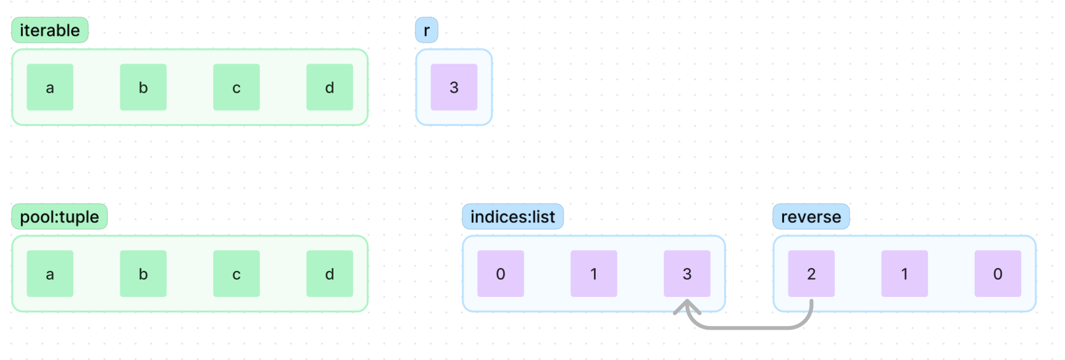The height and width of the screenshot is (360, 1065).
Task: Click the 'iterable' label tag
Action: pos(50,30)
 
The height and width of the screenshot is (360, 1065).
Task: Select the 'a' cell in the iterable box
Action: pos(50,87)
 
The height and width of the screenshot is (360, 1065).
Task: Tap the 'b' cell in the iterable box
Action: pos(143,87)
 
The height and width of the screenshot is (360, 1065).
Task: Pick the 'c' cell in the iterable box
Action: pos(236,87)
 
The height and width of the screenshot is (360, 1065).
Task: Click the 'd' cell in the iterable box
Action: pos(330,87)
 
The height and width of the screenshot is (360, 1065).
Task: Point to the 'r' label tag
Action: pos(427,30)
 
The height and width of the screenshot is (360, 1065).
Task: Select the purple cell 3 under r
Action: pos(454,87)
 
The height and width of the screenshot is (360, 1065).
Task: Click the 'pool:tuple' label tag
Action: pos(59,217)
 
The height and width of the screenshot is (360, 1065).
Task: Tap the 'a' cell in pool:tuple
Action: pos(50,274)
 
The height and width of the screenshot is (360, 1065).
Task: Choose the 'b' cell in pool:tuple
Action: pos(143,274)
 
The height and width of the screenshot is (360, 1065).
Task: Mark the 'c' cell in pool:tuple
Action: pos(236,274)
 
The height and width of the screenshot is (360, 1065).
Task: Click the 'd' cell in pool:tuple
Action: pos(330,274)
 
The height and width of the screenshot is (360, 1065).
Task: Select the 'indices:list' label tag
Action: pos(512,217)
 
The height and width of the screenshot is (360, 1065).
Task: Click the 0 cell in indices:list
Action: pos(501,274)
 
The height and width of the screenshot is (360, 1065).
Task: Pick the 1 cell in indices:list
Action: pos(594,274)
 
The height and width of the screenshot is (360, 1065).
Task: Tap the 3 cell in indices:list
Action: pos(687,274)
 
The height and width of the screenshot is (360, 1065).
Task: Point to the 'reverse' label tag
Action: pos(811,217)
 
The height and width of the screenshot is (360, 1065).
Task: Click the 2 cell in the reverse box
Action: pos(811,274)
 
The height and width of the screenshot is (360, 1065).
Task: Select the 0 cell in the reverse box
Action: pos(998,274)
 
